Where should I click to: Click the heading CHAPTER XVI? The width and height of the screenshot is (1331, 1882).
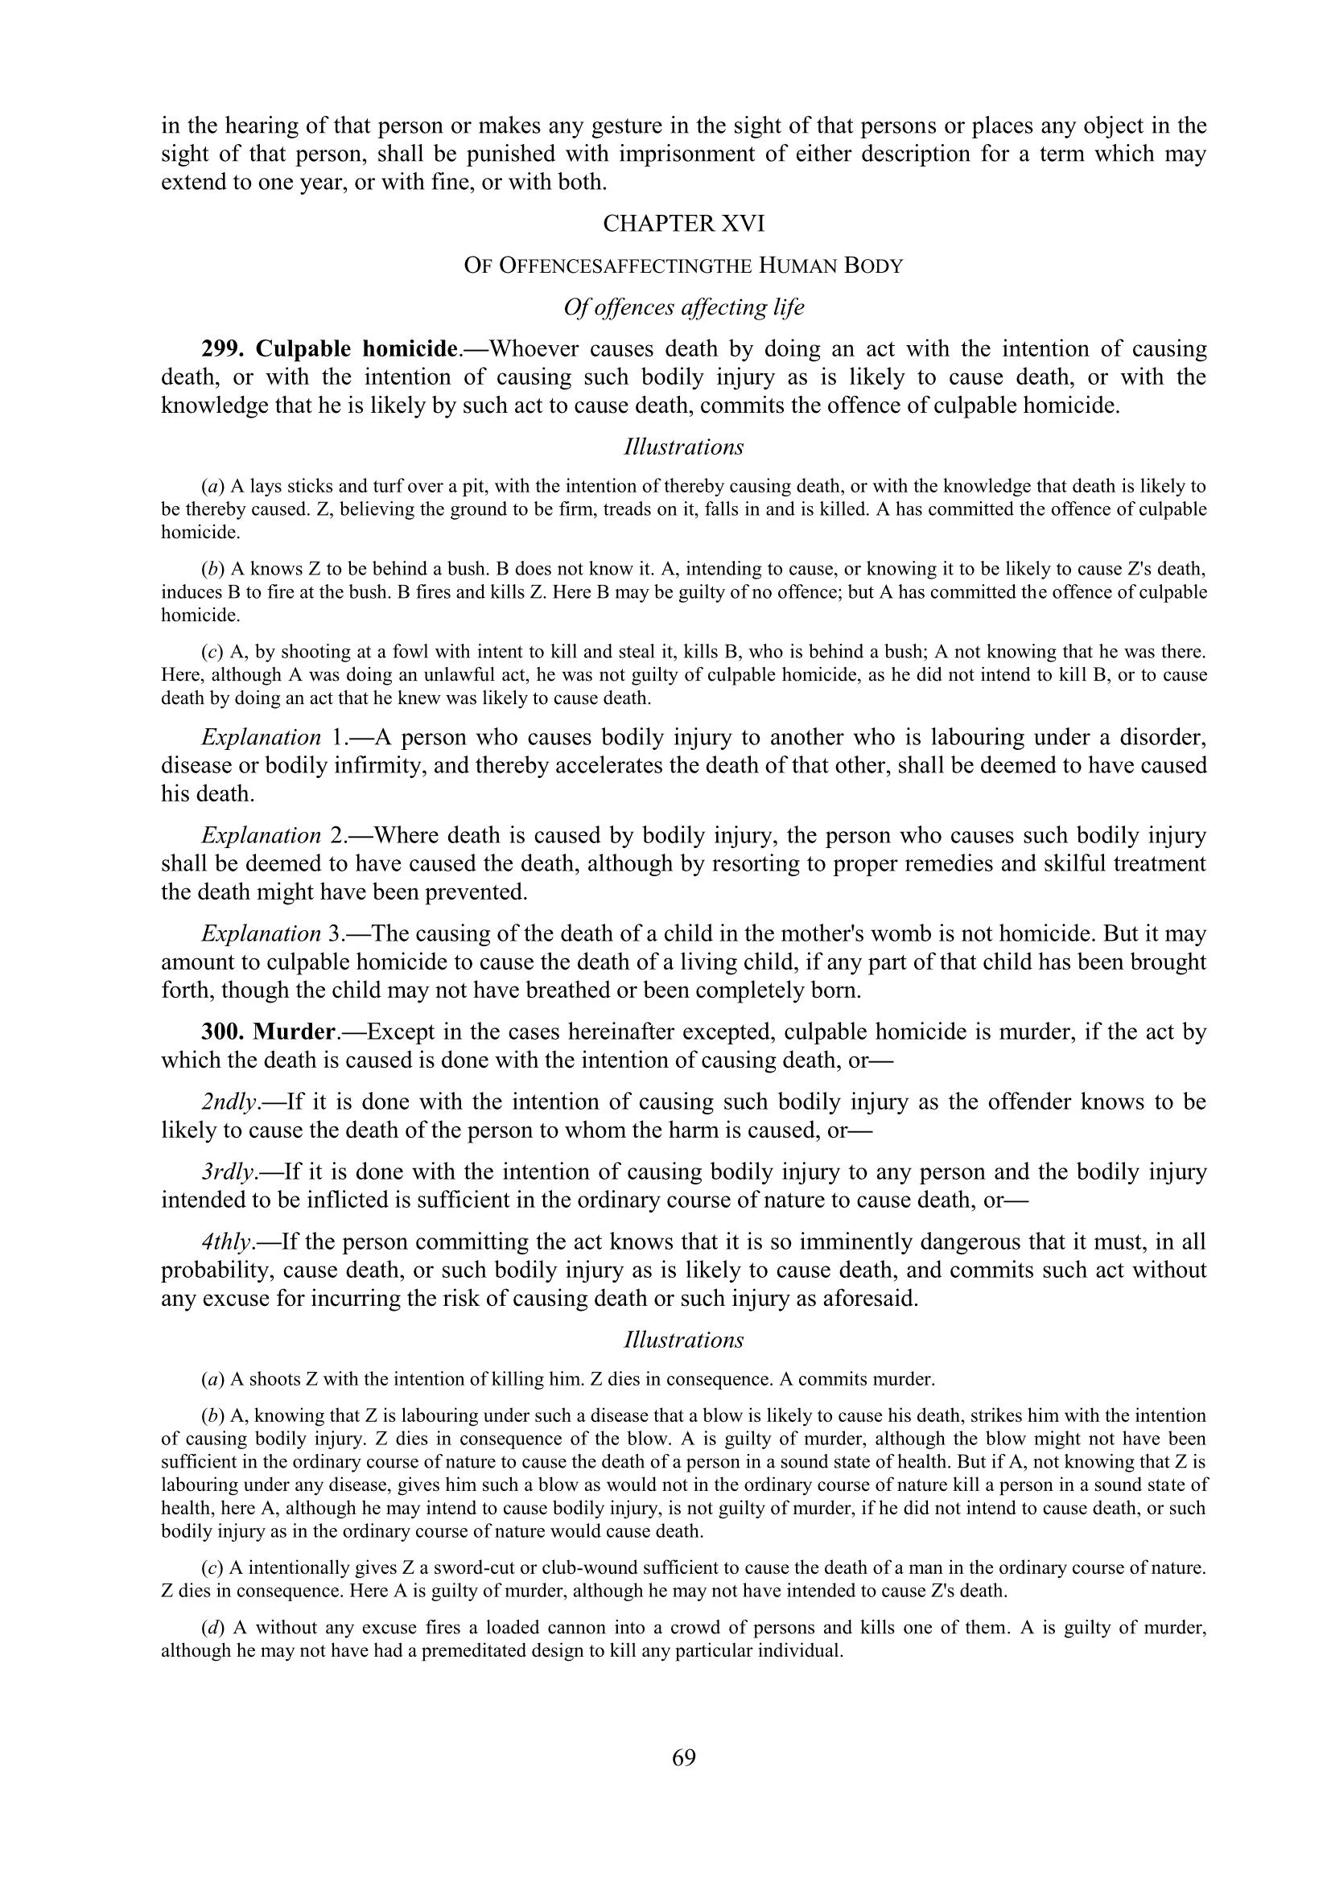coord(683,224)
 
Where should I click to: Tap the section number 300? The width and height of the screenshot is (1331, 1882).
coord(222,1032)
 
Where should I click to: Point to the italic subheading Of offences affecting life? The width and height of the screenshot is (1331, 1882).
coord(683,307)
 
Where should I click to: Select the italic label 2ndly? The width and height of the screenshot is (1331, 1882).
coord(229,1102)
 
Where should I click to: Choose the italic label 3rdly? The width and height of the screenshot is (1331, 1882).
coord(228,1172)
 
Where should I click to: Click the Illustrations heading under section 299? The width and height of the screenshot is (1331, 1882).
coord(683,447)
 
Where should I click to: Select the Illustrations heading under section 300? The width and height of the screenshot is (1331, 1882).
coord(683,1340)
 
